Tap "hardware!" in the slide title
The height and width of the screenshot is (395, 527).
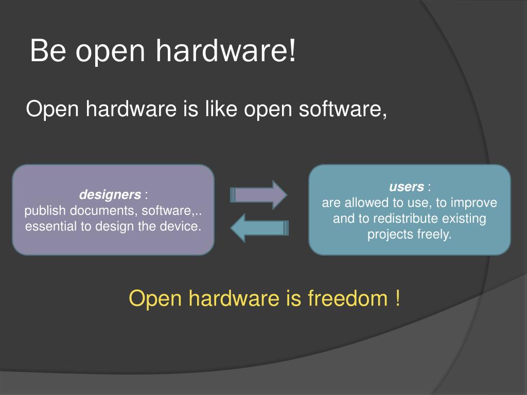coord(226,52)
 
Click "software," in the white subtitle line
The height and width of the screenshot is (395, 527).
coord(344,110)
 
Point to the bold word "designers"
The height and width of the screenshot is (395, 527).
coord(110,195)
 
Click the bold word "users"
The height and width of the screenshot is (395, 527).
coord(406,187)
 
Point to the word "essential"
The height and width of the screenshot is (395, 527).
coord(48,226)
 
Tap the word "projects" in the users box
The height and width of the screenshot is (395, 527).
coord(389,235)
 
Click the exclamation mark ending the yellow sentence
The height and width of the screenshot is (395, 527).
coord(397,299)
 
